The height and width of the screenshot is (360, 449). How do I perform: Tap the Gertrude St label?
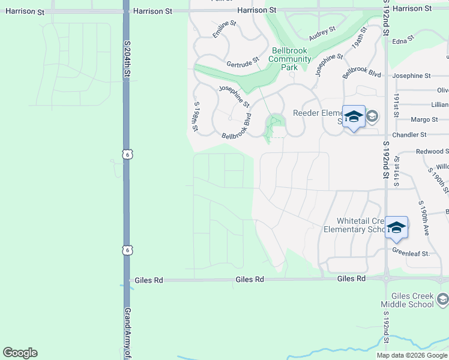tap(243, 62)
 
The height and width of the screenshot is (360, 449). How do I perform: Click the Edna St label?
tap(403, 38)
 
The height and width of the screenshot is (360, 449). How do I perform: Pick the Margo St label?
tap(424, 119)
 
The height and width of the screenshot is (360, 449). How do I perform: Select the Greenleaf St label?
tap(411, 253)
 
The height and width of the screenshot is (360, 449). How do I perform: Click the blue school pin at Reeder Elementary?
tap(354, 116)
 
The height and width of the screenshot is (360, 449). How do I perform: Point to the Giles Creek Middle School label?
tap(412, 300)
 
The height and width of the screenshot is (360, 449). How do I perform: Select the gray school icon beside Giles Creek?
tap(443, 299)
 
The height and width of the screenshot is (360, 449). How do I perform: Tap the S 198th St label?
tap(195, 117)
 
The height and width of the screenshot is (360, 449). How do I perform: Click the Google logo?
tap(20, 353)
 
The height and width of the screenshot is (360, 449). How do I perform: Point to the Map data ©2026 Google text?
tap(412, 355)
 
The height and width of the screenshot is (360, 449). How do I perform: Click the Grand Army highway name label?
tap(127, 334)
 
